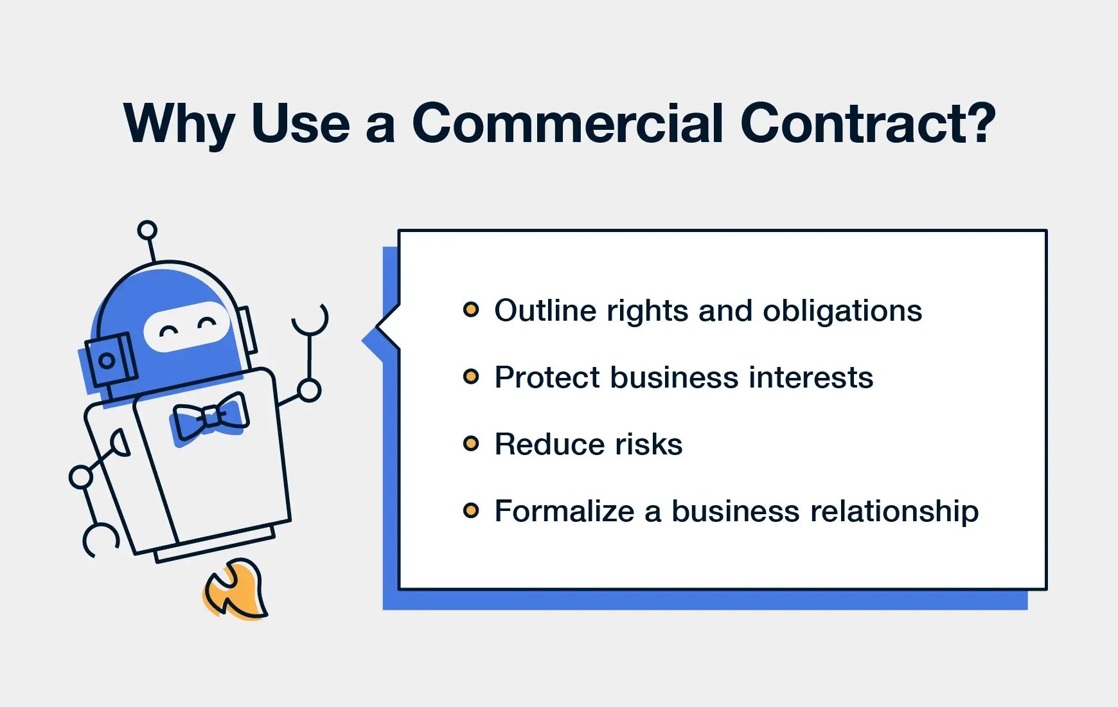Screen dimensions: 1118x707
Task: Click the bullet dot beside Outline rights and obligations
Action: click(x=471, y=310)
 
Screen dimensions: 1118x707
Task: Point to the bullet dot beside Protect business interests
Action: click(x=471, y=377)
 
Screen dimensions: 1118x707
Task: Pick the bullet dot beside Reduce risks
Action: click(x=471, y=443)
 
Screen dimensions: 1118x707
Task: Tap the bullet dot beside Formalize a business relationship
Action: click(x=471, y=511)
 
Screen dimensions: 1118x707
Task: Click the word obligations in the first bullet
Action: click(x=842, y=312)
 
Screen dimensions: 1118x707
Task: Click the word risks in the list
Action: click(x=648, y=444)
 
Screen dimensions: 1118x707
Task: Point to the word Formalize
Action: click(x=565, y=511)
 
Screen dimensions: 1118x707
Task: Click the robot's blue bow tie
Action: click(x=210, y=418)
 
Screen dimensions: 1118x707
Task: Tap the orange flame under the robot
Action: click(x=235, y=589)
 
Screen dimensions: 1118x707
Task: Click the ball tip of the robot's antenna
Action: click(x=147, y=230)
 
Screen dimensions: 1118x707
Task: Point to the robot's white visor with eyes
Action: click(x=186, y=326)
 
